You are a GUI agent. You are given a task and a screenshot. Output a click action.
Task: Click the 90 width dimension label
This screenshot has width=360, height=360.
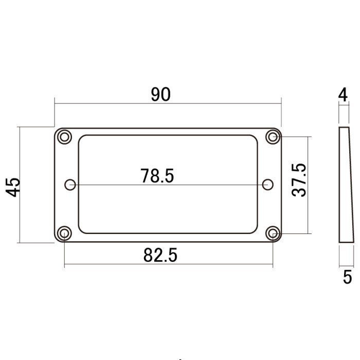pyautogui.click(x=160, y=94)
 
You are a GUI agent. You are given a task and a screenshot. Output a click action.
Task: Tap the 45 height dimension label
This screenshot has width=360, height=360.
pyautogui.click(x=13, y=187)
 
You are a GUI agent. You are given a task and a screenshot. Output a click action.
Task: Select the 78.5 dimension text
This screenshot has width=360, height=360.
pyautogui.click(x=157, y=176)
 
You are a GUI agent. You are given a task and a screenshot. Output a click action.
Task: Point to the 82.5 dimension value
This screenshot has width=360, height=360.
pyautogui.click(x=160, y=255)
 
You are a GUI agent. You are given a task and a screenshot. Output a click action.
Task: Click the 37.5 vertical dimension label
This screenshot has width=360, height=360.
pyautogui.click(x=299, y=180)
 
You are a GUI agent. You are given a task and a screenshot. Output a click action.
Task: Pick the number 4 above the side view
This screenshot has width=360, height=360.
pyautogui.click(x=343, y=95)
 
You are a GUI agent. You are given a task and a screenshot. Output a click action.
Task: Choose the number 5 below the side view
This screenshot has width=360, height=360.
pyautogui.click(x=347, y=277)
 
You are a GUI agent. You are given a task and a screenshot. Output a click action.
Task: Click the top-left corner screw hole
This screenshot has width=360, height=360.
pyautogui.click(x=64, y=137)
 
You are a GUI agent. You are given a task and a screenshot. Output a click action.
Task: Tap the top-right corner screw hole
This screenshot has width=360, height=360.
pyautogui.click(x=273, y=137)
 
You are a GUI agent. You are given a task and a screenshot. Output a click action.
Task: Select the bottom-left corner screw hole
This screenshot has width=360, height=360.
pyautogui.click(x=64, y=233)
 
